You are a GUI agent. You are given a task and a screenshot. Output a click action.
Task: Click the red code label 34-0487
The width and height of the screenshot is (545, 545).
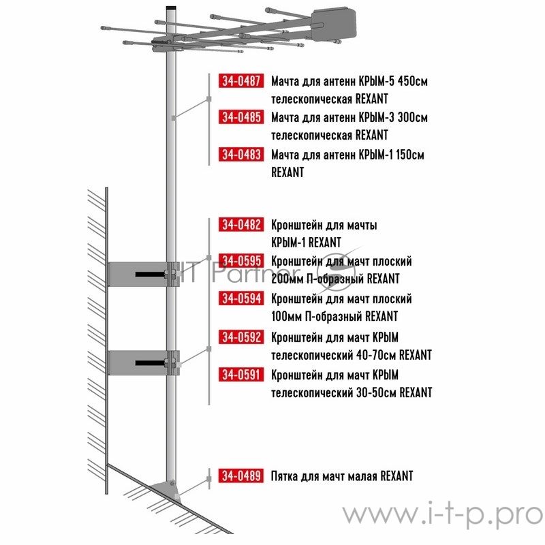pos(241,80)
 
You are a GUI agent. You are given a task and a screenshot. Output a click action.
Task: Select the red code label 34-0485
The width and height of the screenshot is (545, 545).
pos(241,116)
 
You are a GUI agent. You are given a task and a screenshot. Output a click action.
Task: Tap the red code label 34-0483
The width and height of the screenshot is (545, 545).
pos(241,155)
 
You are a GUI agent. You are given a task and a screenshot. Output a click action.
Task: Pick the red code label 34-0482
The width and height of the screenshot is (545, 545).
pos(241,225)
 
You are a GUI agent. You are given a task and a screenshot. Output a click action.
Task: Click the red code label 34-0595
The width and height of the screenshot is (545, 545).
pos(241,260)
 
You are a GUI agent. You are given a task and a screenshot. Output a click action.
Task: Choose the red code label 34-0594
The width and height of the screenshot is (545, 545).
pos(241,298)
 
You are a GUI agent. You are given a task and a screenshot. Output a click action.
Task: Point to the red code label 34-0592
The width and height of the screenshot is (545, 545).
pos(241,337)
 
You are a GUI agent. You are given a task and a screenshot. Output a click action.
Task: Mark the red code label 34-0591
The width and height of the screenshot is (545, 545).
pos(241,375)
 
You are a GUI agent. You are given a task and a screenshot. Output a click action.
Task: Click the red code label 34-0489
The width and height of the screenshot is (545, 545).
pos(241,476)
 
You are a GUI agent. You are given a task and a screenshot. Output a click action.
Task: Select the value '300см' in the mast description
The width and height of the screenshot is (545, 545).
pos(413,117)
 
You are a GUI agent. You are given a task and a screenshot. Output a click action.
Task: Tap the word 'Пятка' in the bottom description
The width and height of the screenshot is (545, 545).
pos(284,476)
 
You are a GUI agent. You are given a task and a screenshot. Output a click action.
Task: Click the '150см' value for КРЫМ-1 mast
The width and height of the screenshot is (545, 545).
pos(410,155)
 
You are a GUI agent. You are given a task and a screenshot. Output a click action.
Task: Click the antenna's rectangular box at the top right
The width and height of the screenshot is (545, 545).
pos(333,25)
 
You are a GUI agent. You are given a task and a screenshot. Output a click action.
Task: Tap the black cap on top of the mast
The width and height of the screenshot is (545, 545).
pos(171,7)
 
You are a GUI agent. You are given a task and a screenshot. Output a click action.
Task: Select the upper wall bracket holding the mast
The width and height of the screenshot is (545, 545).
pos(144,275)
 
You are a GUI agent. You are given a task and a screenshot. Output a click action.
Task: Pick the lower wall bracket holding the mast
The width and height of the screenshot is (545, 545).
pos(144,363)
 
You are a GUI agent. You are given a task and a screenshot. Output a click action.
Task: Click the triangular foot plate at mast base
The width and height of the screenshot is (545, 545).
pos(165,489)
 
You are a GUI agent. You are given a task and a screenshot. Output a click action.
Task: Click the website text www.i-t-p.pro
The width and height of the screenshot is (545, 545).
pos(442,514)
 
